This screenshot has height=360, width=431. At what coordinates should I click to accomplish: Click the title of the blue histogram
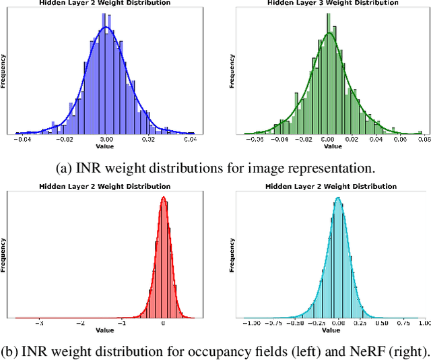[104, 3]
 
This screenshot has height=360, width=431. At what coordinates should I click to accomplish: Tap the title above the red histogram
[104, 186]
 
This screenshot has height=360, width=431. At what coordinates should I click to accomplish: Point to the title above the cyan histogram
[329, 186]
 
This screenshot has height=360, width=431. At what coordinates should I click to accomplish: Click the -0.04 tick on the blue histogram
[23, 140]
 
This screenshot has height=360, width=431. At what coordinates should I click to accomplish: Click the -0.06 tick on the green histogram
[255, 140]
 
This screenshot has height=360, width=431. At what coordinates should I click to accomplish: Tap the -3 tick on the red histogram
[39, 323]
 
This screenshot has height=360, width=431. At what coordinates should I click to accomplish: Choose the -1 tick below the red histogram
[122, 323]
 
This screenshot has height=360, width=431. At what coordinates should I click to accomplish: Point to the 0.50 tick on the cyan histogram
[381, 323]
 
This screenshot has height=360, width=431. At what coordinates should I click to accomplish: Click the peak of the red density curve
[163, 198]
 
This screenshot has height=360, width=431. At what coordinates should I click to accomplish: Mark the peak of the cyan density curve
[338, 198]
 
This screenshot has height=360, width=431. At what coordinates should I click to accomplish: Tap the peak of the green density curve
[329, 34]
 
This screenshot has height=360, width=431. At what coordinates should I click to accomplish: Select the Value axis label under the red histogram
[104, 330]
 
